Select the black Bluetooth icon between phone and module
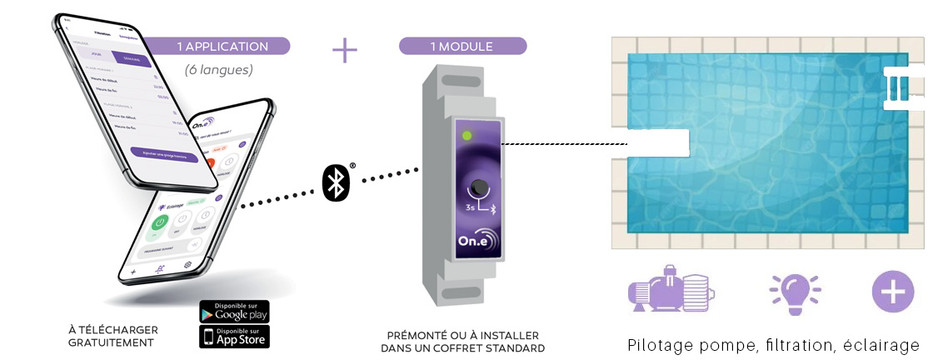(x=335, y=182)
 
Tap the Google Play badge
(x=234, y=312)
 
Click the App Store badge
(x=234, y=336)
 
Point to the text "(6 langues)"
(x=219, y=70)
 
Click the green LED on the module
(x=467, y=134)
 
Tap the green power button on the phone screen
(x=157, y=225)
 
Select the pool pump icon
(x=671, y=292)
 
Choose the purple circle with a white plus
(x=893, y=292)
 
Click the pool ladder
(x=901, y=87)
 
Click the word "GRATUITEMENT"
(x=112, y=342)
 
